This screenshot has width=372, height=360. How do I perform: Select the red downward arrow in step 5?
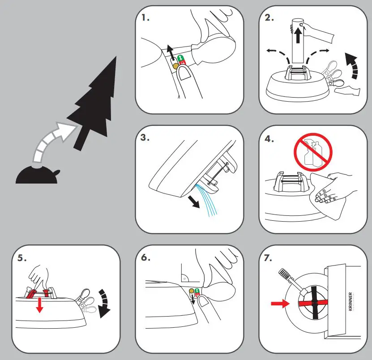(40, 304)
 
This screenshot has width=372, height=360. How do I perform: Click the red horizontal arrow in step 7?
(280, 304)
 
